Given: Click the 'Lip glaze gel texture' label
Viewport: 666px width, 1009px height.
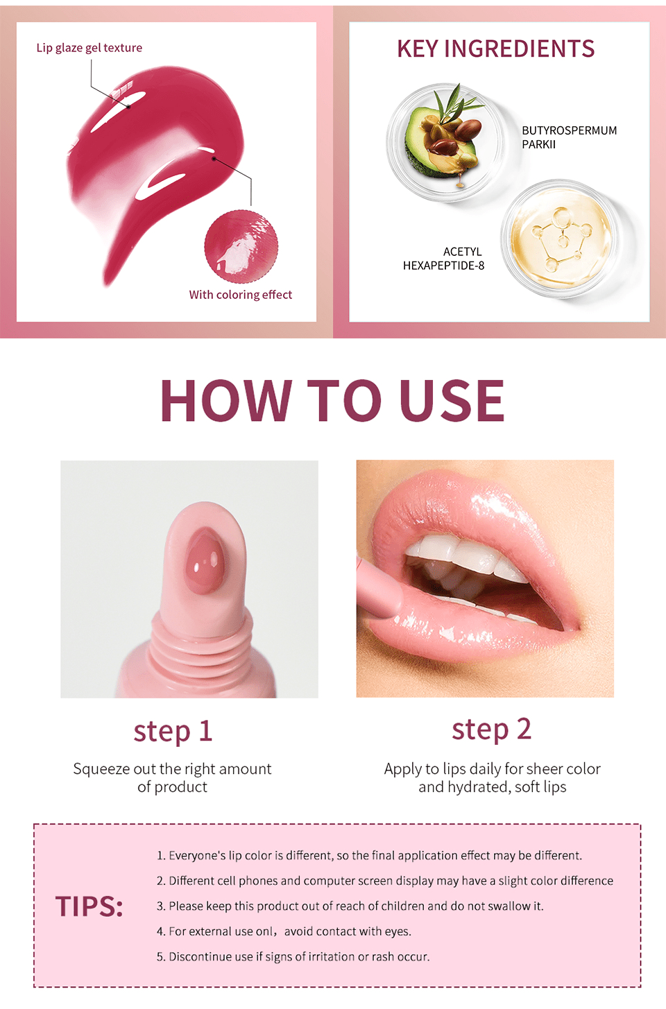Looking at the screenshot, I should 89,48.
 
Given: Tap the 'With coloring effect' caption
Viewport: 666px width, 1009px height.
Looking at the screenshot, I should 240,295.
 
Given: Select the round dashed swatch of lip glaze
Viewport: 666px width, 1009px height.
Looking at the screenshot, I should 241,247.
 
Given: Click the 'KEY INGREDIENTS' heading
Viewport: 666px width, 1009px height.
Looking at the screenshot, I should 495,49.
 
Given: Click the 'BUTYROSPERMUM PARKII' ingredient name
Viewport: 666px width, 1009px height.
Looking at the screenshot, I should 569,137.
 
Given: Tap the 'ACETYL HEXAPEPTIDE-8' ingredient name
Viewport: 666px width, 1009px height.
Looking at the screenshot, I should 444,259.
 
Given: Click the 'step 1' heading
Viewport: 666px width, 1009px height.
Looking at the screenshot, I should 173,732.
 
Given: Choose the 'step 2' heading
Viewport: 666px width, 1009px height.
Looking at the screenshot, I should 491,730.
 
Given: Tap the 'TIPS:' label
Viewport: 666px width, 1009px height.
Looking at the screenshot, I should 89,906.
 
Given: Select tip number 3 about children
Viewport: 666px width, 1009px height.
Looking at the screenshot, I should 350,906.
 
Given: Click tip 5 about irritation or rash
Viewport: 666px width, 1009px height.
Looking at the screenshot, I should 293,957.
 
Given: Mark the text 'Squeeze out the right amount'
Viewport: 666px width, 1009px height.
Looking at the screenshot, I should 172,769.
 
